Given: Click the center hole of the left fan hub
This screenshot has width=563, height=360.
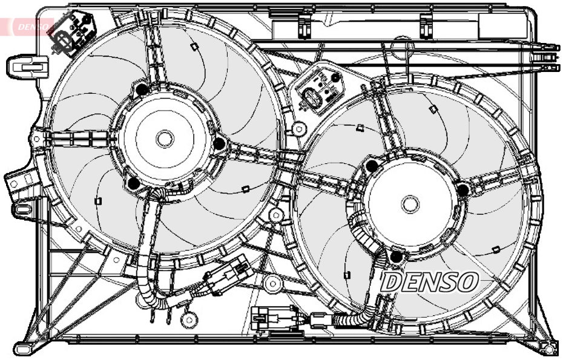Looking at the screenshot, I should [164, 139].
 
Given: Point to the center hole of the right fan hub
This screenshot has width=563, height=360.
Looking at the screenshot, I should [410, 203].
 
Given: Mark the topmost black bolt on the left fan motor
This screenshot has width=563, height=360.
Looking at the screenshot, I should [142, 90].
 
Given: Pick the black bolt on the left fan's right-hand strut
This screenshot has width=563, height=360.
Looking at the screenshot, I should [219, 143].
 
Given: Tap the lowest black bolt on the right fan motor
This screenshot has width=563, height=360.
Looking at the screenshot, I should [398, 258].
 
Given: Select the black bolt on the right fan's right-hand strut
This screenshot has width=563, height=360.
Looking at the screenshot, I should [463, 190].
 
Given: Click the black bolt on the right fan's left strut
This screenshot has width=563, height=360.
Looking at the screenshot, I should [372, 165].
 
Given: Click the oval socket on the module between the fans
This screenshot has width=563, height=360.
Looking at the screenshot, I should [312, 96].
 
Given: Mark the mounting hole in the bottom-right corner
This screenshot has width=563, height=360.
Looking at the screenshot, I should [548, 349].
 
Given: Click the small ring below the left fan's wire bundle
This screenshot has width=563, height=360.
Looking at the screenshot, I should [189, 317].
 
